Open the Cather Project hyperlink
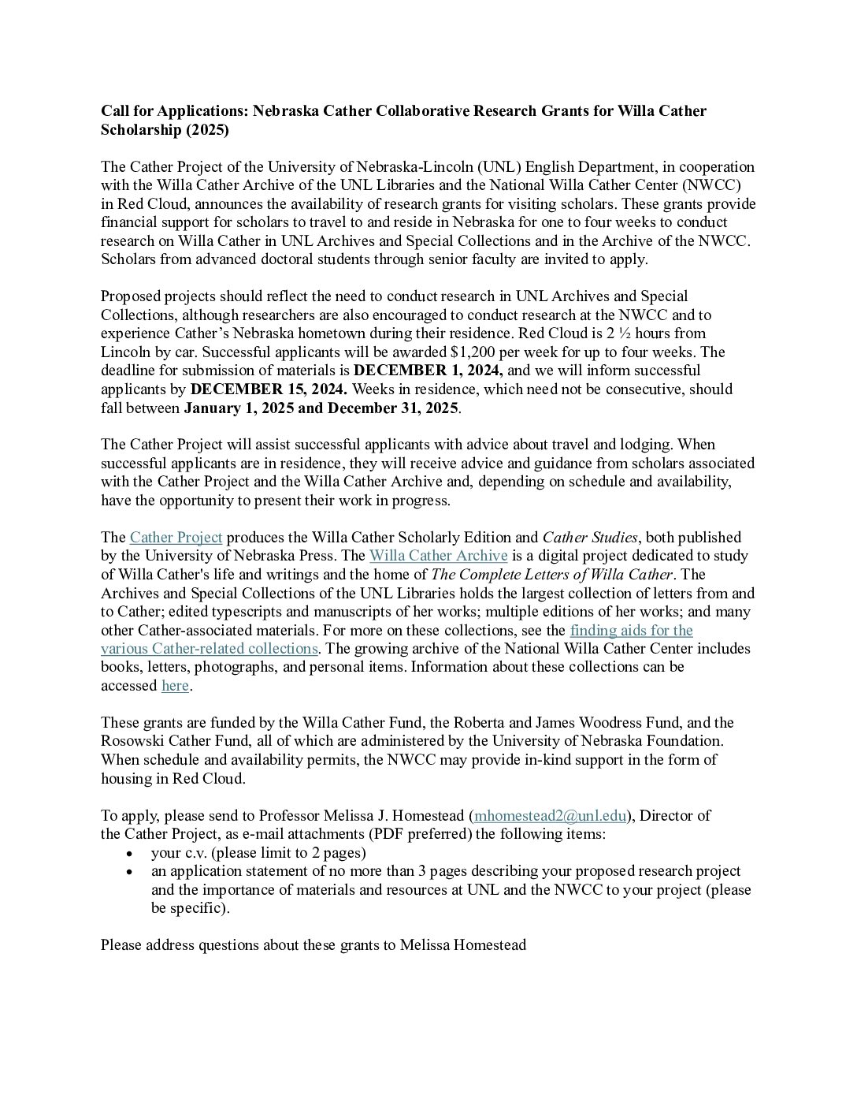click(176, 538)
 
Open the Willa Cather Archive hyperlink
click(439, 556)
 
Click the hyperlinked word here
click(175, 686)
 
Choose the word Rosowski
click(129, 741)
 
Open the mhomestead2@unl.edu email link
click(550, 816)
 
